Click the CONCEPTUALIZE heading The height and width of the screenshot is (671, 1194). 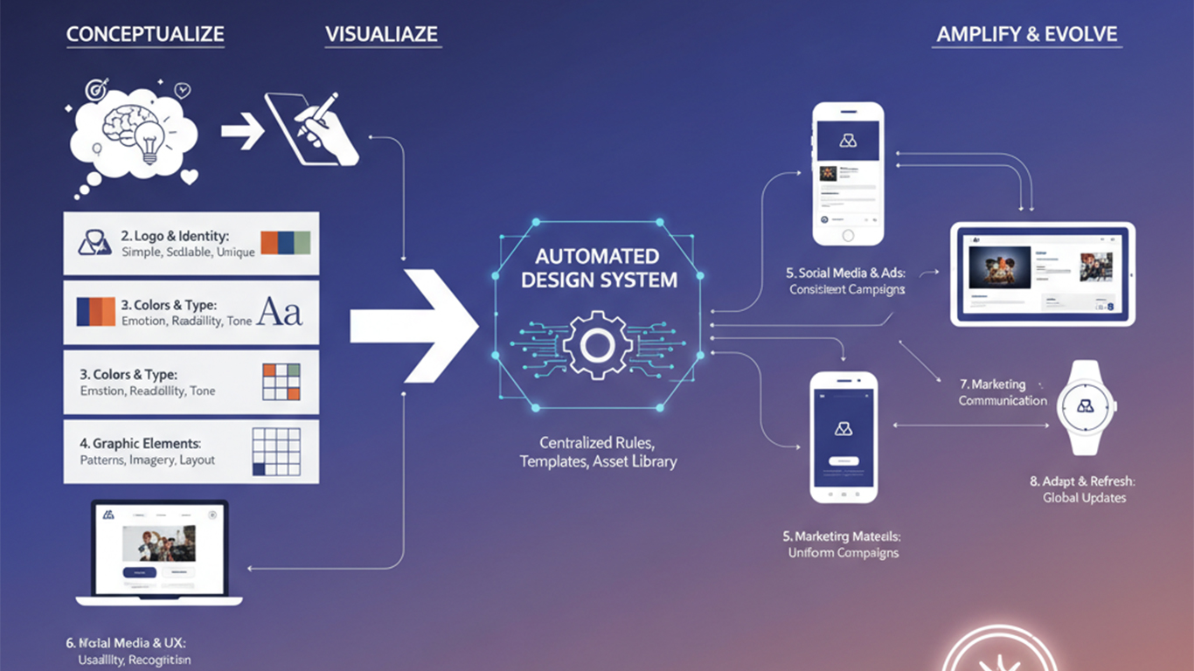tap(145, 35)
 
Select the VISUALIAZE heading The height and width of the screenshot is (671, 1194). tap(381, 35)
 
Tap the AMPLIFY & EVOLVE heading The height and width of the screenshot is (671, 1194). tap(1027, 35)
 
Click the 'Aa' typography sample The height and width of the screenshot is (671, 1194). tap(281, 312)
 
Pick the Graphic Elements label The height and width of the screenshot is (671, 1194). tap(146, 444)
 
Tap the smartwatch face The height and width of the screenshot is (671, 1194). tap(1086, 407)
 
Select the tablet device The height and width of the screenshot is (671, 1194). tap(1042, 273)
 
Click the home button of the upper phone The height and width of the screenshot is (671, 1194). tap(847, 235)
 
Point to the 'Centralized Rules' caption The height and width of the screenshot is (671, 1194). tap(598, 442)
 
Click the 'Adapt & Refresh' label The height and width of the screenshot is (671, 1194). tap(1084, 481)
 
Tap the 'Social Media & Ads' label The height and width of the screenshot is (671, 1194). tap(846, 273)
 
